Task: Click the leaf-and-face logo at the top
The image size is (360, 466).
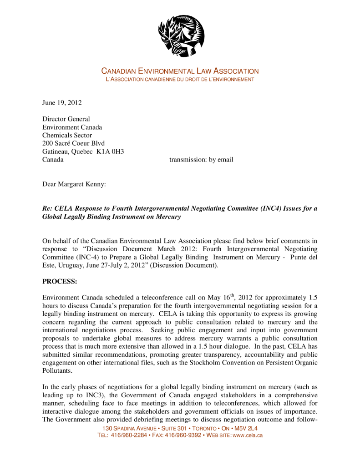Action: [181, 35]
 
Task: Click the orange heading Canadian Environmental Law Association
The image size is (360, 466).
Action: [180, 71]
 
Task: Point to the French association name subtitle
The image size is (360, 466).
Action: [180, 80]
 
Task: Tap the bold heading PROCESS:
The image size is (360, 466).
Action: [60, 282]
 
